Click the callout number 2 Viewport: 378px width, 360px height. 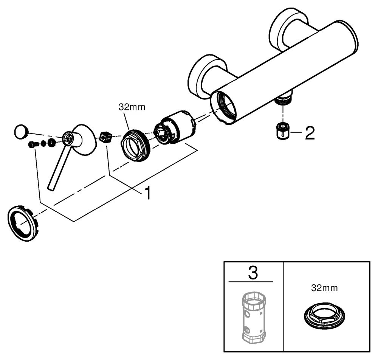click(310, 133)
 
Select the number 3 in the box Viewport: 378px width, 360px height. click(253, 273)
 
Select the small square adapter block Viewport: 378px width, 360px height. click(106, 137)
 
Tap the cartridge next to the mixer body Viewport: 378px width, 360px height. click(176, 127)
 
